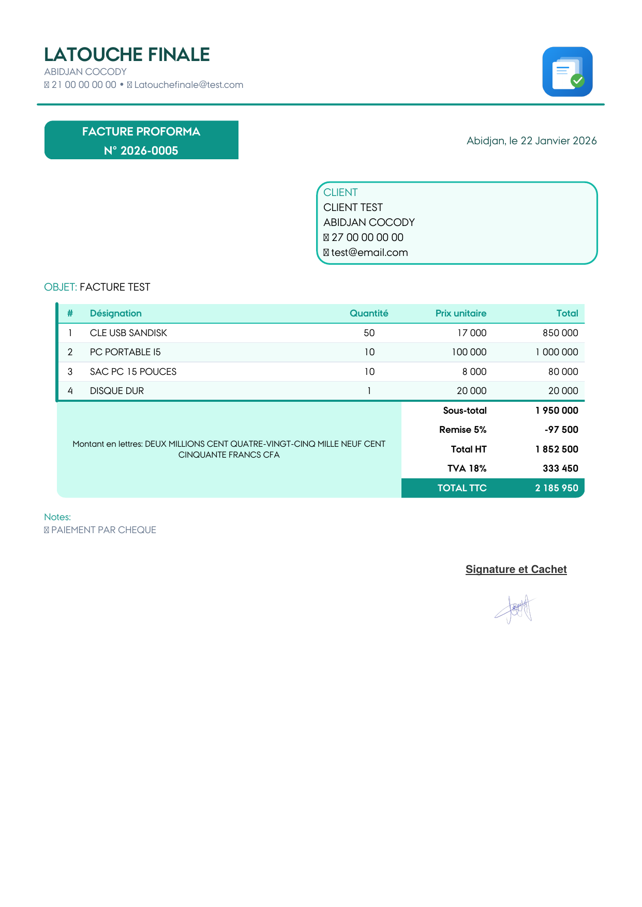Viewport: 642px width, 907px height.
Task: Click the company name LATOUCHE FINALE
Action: coord(127,54)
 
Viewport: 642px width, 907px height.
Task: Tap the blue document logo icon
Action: coord(567,72)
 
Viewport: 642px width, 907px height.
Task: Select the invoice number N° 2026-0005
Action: coord(141,150)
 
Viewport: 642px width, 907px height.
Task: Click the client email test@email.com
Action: coord(369,252)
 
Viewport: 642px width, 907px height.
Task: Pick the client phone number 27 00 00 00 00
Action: coord(367,237)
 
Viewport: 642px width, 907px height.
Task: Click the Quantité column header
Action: coord(369,313)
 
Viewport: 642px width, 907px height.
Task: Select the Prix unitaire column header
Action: coord(460,313)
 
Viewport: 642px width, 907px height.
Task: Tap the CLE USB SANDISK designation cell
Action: coord(128,333)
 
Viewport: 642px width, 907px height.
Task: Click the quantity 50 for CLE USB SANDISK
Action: coord(369,333)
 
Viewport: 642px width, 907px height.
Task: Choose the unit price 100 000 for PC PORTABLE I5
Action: coord(469,352)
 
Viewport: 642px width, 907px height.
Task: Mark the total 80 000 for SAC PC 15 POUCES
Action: coord(563,372)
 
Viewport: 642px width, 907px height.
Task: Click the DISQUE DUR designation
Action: coord(117,391)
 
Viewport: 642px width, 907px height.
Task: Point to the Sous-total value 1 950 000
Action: coord(557,411)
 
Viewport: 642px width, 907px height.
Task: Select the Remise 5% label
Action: coord(462,430)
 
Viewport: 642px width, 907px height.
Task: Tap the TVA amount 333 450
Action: coord(560,468)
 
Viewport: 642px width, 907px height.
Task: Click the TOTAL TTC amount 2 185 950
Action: coord(557,488)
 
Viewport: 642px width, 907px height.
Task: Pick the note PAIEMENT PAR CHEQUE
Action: coord(103,530)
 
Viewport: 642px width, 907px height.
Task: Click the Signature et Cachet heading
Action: coord(516,569)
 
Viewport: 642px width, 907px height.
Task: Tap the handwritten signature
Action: coord(515,609)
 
